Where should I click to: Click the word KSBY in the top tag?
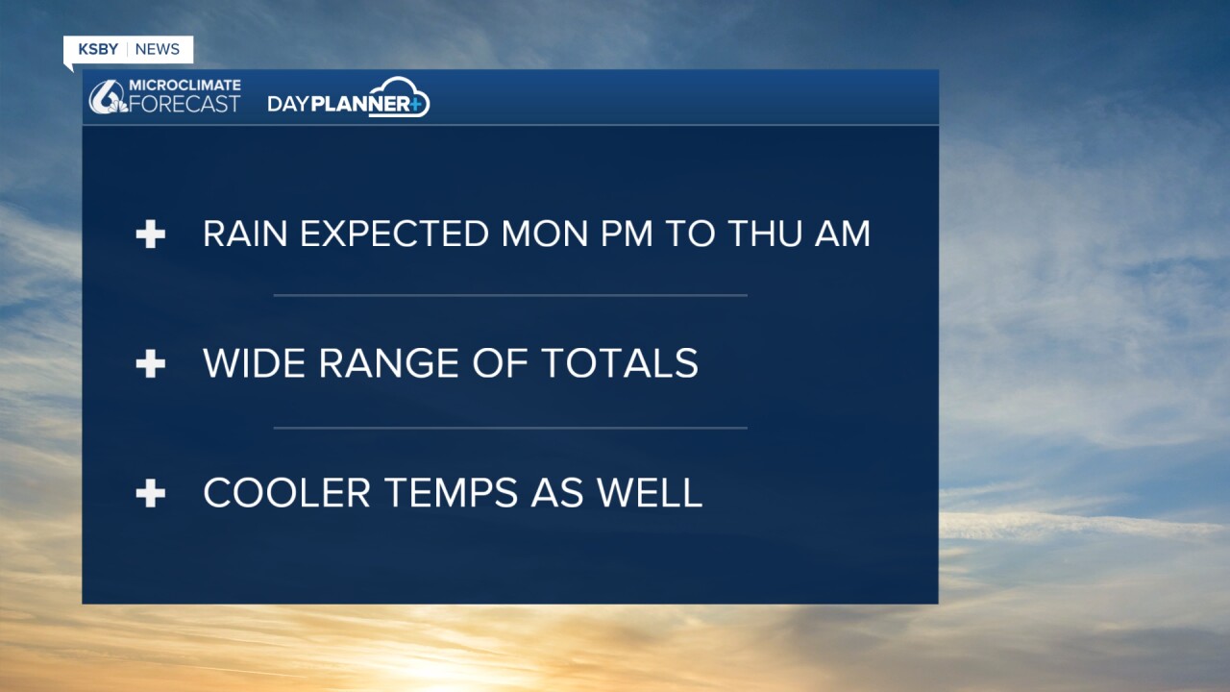(x=98, y=49)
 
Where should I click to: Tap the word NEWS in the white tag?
(x=157, y=49)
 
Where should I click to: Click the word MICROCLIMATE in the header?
(x=184, y=86)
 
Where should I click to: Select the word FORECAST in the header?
(x=184, y=104)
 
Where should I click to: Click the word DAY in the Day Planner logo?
(x=288, y=104)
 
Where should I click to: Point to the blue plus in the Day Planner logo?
(x=415, y=104)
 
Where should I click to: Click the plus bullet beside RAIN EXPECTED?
(x=151, y=235)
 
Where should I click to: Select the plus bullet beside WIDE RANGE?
(x=151, y=363)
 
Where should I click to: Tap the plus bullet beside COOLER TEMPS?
(x=151, y=493)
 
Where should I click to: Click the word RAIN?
(x=245, y=234)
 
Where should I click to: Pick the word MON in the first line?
(x=545, y=234)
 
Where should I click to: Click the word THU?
(x=764, y=234)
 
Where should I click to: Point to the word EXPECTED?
(x=394, y=234)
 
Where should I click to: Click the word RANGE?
(x=389, y=363)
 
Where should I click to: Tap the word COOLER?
(x=286, y=493)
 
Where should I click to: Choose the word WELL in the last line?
(x=650, y=493)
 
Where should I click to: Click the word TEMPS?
(x=451, y=493)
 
